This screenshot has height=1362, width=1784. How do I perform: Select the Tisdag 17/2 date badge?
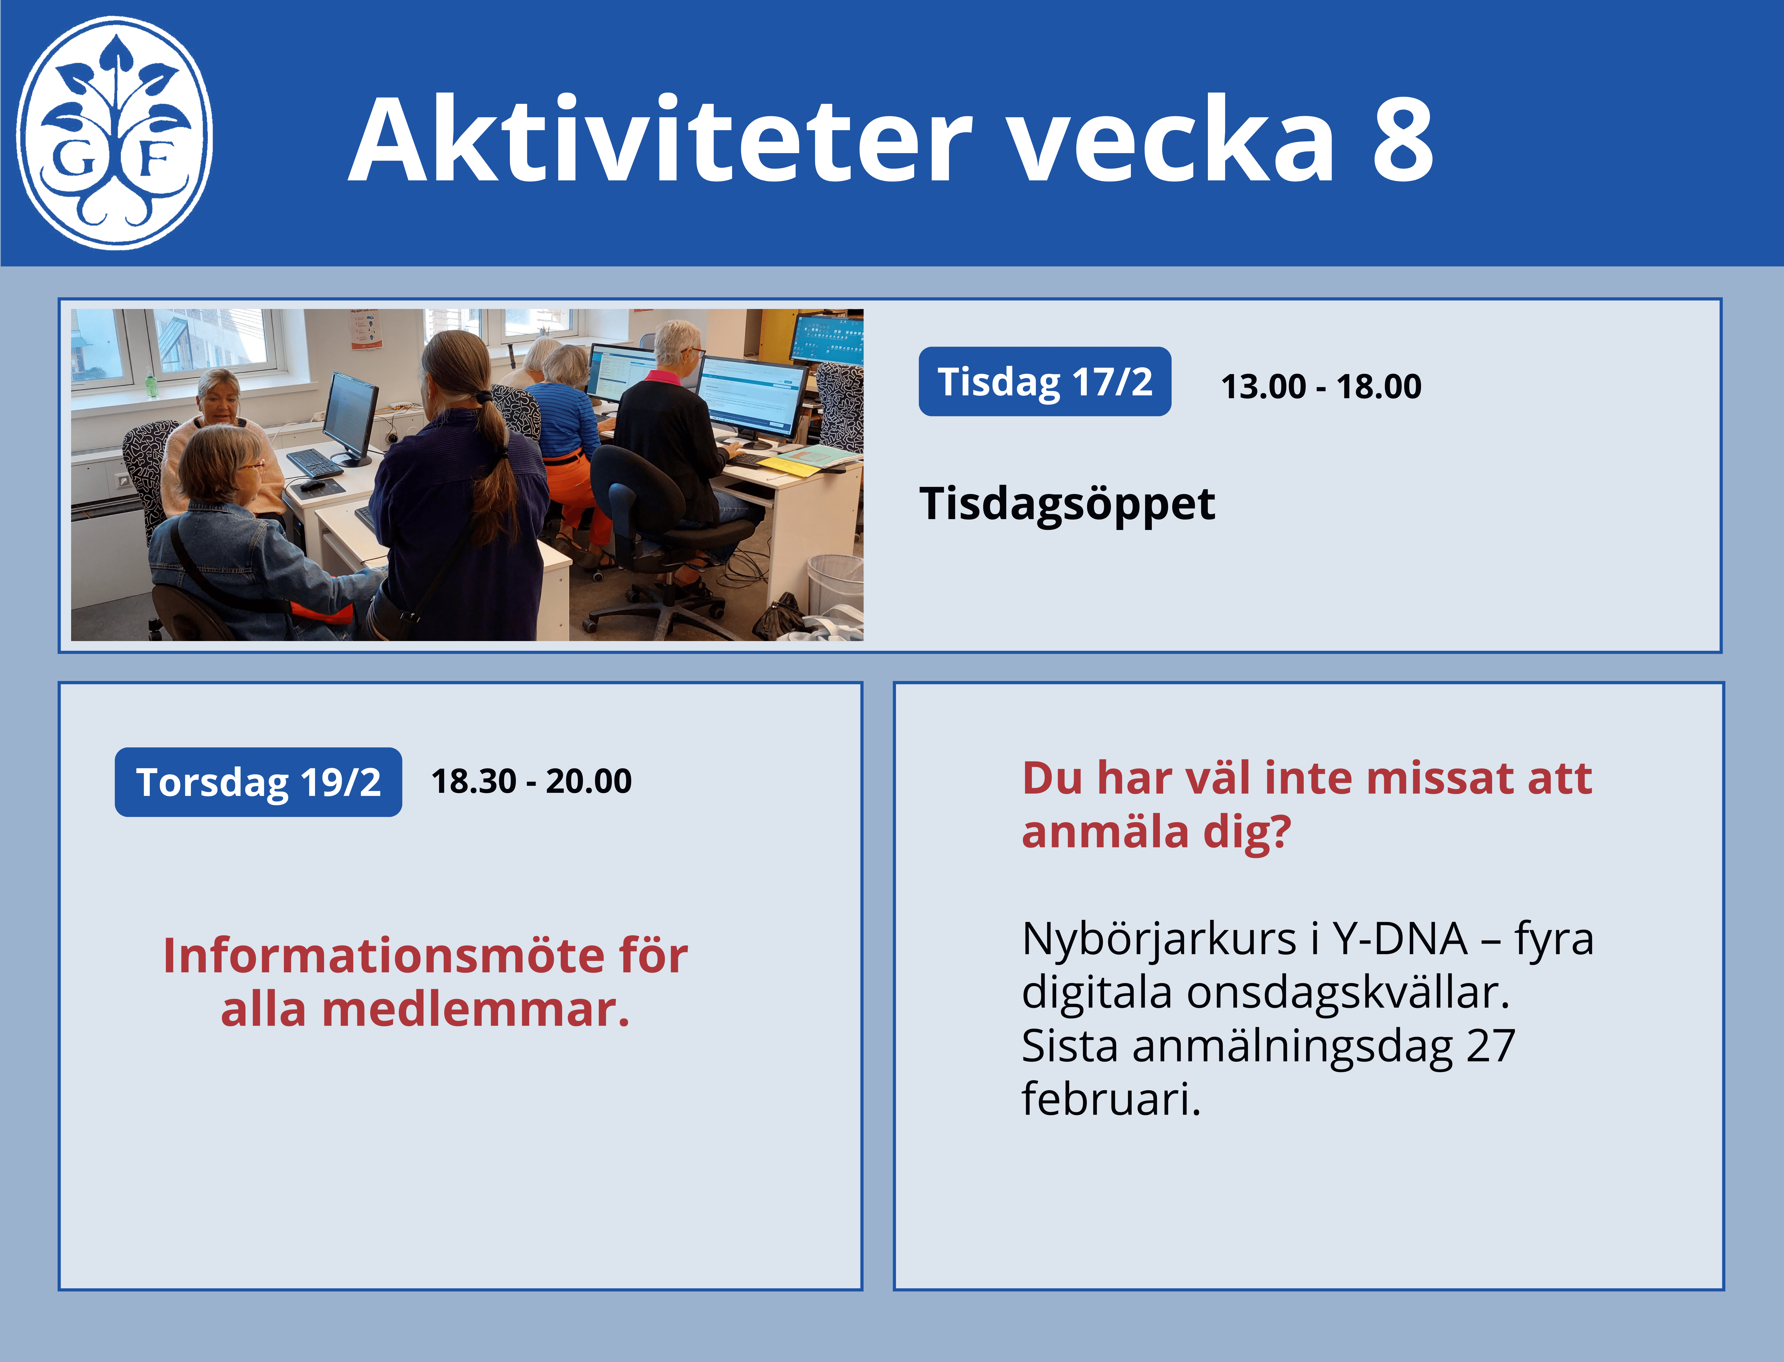1044,381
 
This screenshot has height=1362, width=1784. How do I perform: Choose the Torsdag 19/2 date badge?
258,781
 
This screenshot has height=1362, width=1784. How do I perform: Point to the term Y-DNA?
1400,939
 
